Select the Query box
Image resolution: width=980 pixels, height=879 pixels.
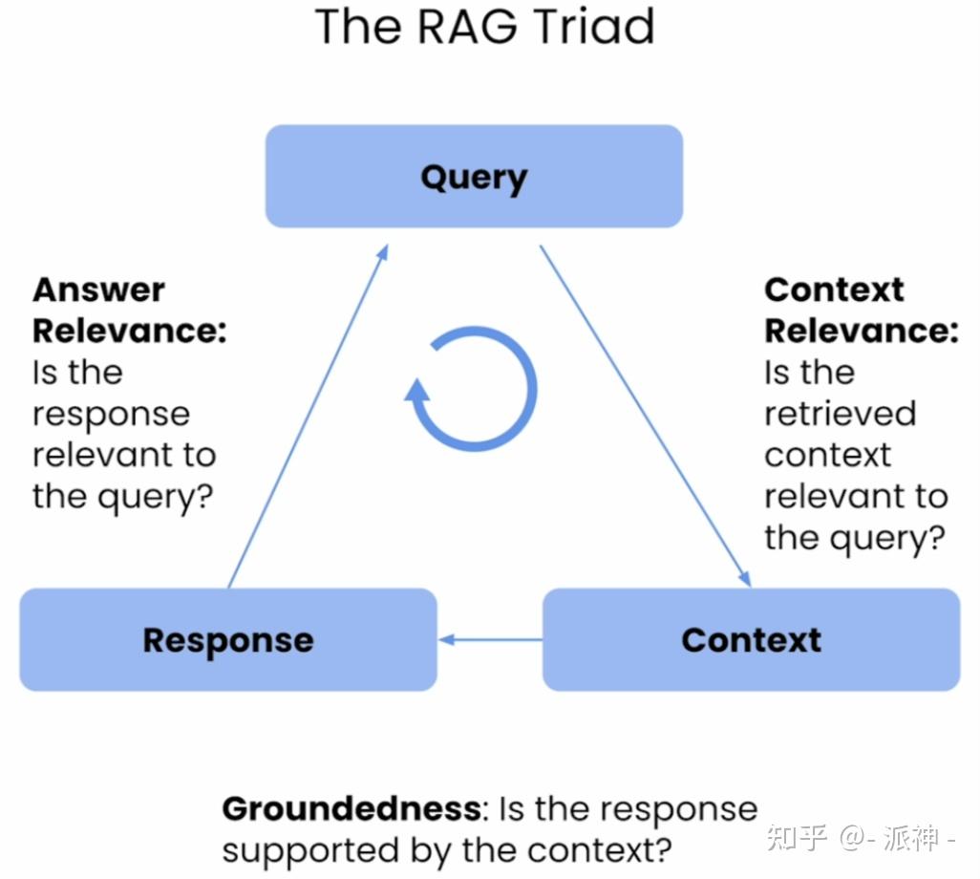[x=474, y=177]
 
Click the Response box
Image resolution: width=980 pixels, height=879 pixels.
[x=228, y=639]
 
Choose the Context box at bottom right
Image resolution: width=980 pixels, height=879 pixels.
[x=751, y=639]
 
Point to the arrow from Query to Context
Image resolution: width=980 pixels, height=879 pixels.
[x=645, y=415]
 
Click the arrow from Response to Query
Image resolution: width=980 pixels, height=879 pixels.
[x=308, y=415]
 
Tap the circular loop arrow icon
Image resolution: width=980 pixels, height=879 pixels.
[x=474, y=389]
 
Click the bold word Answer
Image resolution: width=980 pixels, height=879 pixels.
[x=98, y=289]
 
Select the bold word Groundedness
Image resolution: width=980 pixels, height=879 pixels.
[x=351, y=809]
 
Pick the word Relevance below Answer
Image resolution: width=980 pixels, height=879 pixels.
[x=129, y=331]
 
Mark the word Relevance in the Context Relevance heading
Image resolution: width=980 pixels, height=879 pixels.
[x=861, y=331]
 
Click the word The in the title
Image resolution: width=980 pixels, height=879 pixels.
[x=356, y=27]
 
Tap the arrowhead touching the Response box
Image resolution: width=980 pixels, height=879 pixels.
[x=445, y=639]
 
